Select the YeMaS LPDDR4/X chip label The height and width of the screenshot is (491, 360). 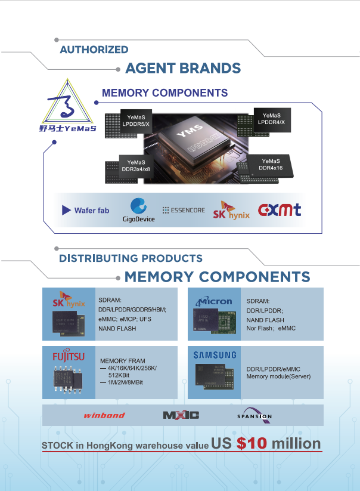pos(271,118)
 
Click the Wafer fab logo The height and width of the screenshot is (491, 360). pos(86,210)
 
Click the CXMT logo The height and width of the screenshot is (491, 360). pos(280,210)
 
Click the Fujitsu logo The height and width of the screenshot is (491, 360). pos(68,357)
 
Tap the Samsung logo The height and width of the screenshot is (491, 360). pos(215,356)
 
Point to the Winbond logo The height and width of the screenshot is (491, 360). pos(104,415)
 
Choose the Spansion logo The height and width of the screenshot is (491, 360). pos(255,415)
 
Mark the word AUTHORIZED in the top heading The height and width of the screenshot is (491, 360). pos(94,50)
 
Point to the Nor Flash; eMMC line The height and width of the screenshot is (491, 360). pos(271,329)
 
